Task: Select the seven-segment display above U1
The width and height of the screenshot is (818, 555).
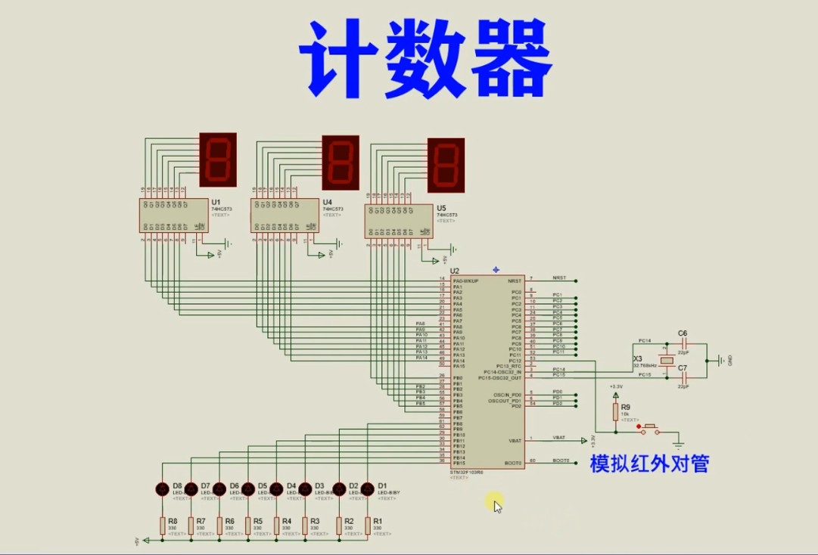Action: pyautogui.click(x=218, y=160)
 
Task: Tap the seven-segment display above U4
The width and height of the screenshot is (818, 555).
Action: pyautogui.click(x=341, y=163)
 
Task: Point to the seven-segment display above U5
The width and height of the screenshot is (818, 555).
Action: pyautogui.click(x=446, y=165)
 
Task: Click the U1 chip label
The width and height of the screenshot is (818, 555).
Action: pyautogui.click(x=216, y=202)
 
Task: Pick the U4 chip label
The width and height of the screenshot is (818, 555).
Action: pyautogui.click(x=327, y=202)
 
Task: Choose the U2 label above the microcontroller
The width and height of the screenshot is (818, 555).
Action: pyautogui.click(x=454, y=271)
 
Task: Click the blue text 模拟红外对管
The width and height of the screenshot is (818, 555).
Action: pyautogui.click(x=649, y=464)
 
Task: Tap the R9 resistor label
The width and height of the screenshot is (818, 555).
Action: pyautogui.click(x=624, y=407)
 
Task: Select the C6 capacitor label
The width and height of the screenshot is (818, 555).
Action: pyautogui.click(x=683, y=333)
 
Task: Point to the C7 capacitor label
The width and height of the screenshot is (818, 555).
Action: pyautogui.click(x=683, y=368)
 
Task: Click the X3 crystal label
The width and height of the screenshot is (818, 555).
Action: pyautogui.click(x=637, y=359)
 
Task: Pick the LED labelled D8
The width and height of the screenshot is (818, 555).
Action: pyautogui.click(x=162, y=489)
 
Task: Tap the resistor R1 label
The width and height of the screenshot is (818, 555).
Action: pyautogui.click(x=378, y=521)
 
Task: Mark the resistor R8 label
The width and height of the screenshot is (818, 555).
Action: pyautogui.click(x=173, y=521)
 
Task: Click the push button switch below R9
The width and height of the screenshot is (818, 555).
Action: pyautogui.click(x=650, y=430)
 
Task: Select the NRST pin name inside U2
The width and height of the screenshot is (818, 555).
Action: pyautogui.click(x=515, y=280)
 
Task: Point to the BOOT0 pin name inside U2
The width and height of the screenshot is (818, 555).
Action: pyautogui.click(x=512, y=463)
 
